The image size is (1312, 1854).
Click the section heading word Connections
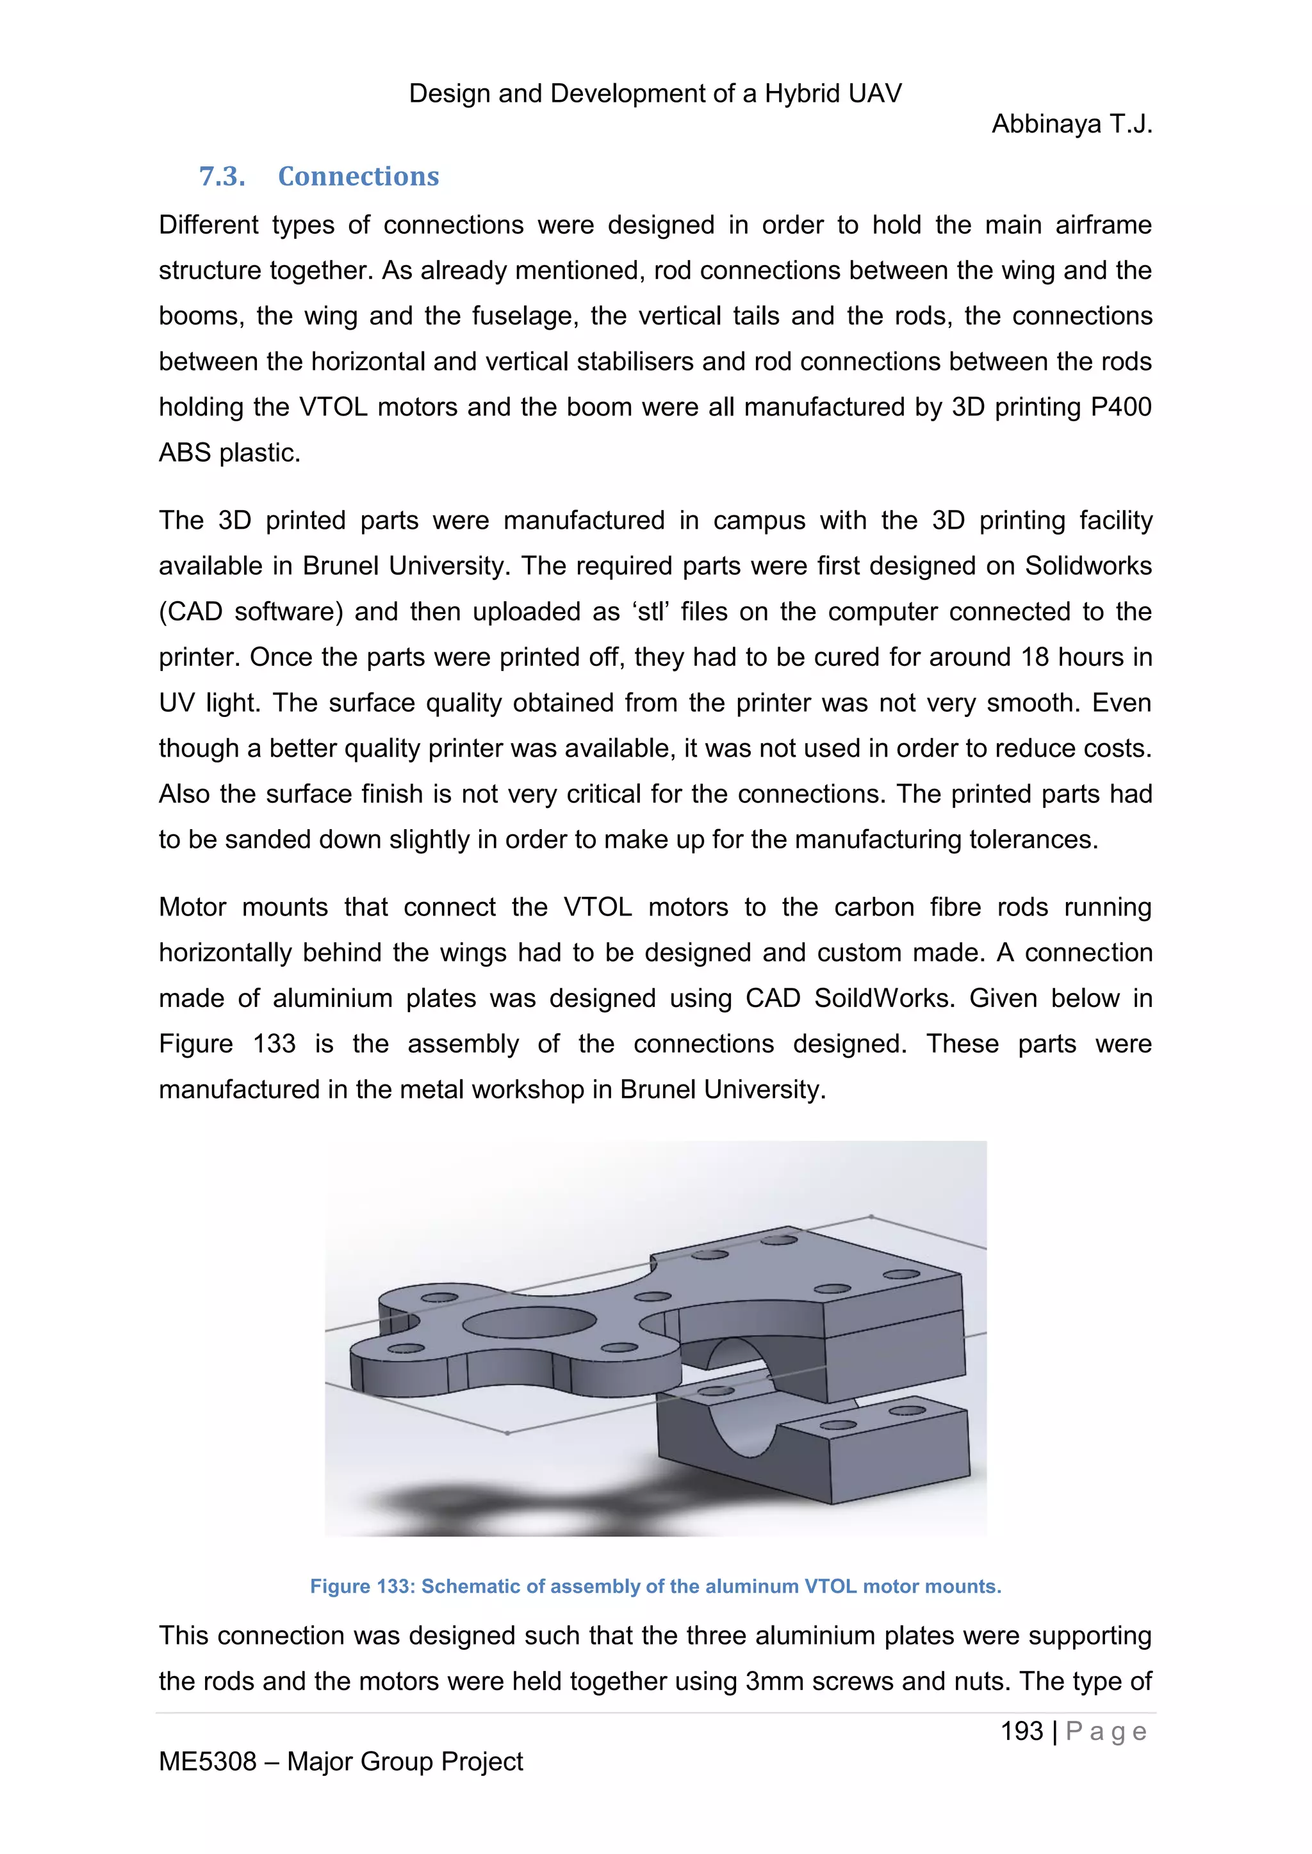point(358,176)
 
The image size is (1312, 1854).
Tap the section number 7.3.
point(222,176)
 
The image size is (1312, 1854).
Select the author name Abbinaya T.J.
point(1071,124)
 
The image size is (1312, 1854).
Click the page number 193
point(1022,1730)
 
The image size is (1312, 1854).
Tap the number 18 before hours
point(1035,657)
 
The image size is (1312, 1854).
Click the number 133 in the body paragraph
point(274,1044)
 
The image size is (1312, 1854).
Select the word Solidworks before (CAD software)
point(1088,566)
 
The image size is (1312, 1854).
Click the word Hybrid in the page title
point(804,93)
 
